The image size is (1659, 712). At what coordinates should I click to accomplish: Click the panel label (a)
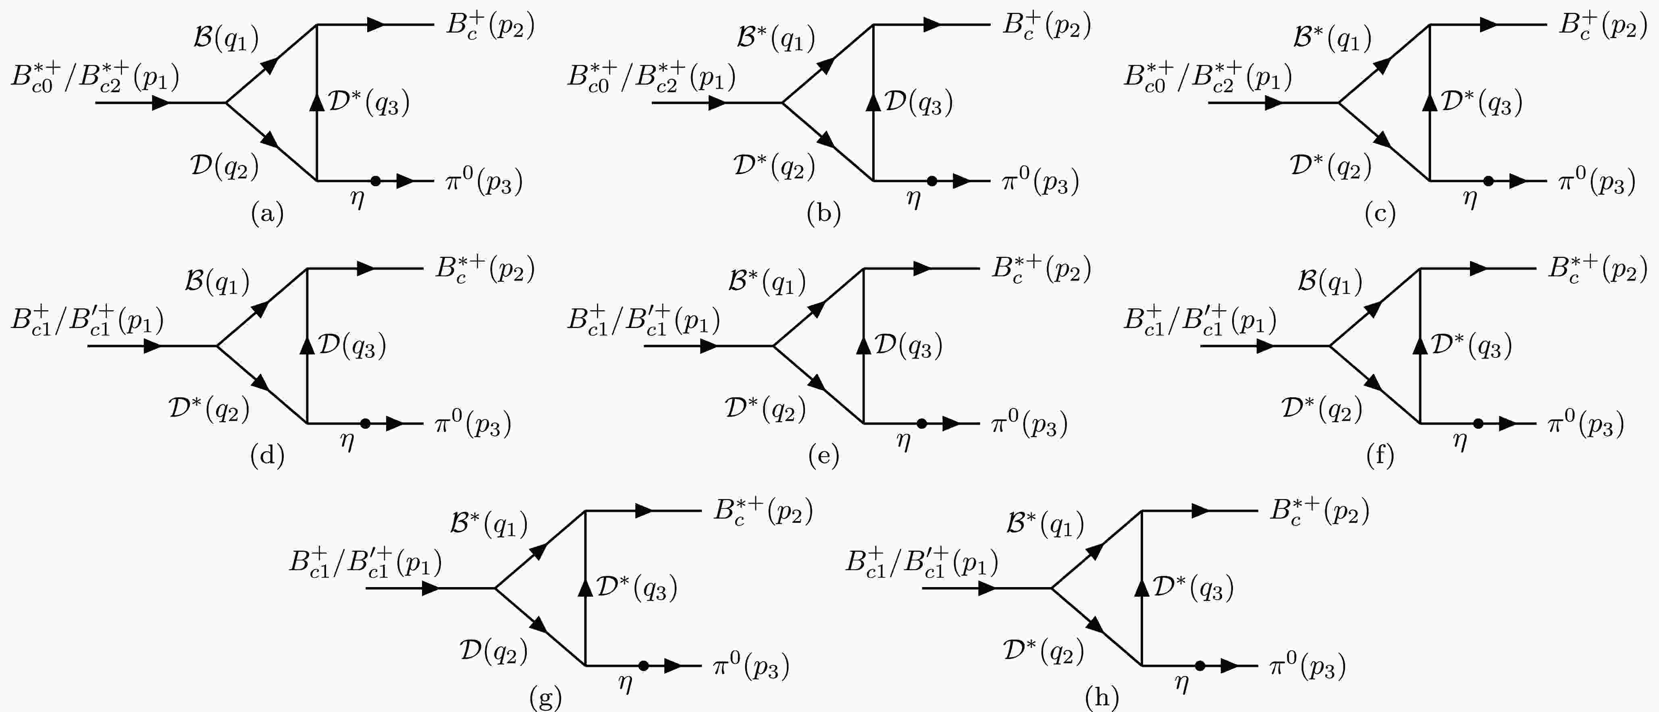[x=267, y=213]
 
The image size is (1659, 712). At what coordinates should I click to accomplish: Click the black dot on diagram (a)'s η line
[x=376, y=181]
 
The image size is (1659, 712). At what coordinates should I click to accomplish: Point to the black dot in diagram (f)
[x=1478, y=423]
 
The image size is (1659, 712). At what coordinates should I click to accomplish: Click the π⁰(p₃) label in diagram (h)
[x=1308, y=666]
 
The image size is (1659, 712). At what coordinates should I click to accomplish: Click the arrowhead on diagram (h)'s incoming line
[x=986, y=588]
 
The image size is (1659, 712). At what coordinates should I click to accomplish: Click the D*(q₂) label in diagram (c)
[x=1331, y=166]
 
